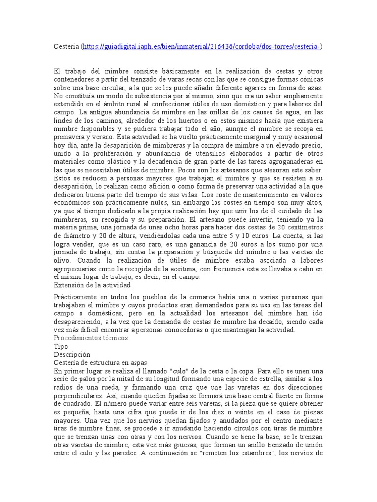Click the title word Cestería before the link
[x=66, y=46]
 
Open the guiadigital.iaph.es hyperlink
[x=202, y=46]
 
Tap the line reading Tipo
[x=61, y=346]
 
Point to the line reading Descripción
[x=72, y=354]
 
